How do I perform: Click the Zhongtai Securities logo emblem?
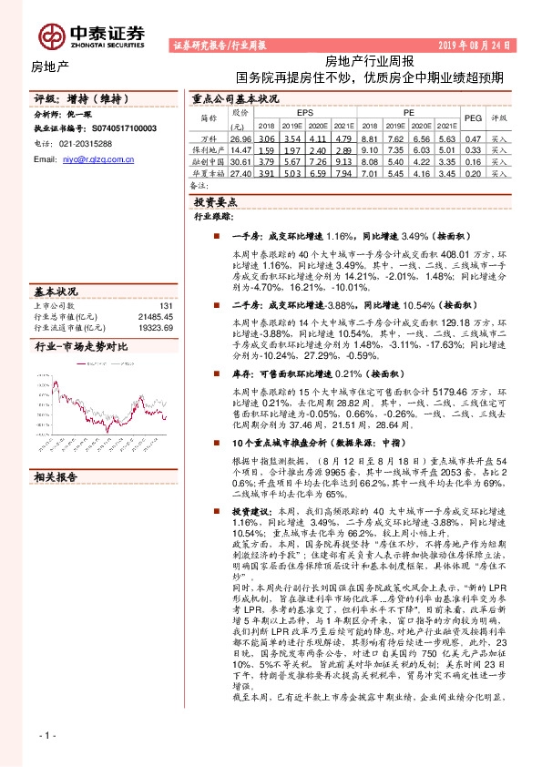(x=49, y=34)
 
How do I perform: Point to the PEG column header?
(x=473, y=118)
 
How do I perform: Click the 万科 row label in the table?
(x=209, y=138)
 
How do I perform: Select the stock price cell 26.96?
(x=240, y=138)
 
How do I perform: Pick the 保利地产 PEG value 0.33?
(x=473, y=148)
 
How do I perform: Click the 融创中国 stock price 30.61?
(x=240, y=160)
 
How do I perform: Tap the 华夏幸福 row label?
(x=209, y=171)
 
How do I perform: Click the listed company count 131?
(x=165, y=306)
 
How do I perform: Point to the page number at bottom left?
(x=48, y=734)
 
